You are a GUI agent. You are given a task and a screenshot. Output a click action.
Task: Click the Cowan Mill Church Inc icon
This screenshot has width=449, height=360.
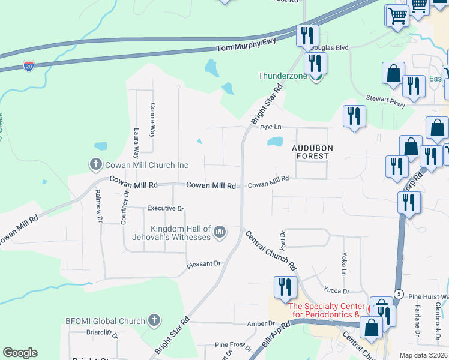click(96, 164)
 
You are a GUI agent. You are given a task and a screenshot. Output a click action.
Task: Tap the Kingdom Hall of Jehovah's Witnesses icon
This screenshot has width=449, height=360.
click(220, 231)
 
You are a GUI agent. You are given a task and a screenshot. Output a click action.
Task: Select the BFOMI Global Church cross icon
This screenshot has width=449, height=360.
click(154, 320)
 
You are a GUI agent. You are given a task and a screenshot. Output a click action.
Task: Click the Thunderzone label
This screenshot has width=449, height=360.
click(282, 76)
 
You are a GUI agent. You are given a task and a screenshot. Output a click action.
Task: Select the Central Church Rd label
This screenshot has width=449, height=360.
click(271, 249)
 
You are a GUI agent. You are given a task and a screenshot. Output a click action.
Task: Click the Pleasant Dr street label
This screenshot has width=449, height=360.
click(205, 263)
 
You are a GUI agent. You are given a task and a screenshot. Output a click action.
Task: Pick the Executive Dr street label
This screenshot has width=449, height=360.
click(165, 208)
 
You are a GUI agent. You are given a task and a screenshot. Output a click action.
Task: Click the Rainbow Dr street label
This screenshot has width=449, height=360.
click(98, 206)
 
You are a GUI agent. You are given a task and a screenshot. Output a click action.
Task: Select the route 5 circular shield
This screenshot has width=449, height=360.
click(399, 293)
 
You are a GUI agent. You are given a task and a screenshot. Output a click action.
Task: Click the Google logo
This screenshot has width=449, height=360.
click(20, 353)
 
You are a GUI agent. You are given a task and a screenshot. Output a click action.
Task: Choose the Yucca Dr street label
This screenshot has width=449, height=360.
click(336, 291)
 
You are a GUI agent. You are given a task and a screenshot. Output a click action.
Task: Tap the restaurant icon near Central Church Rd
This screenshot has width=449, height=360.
click(284, 287)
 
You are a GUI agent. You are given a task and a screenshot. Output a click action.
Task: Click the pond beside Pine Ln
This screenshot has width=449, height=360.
click(275, 142)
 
